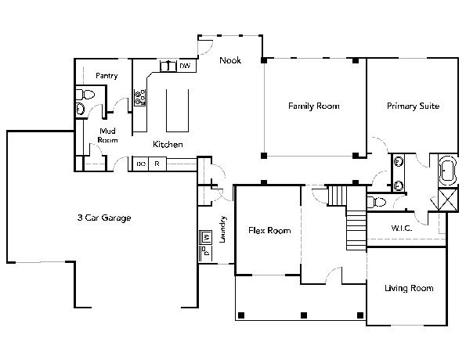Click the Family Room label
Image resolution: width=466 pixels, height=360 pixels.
(314, 106)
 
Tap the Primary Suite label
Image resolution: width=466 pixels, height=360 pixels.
(413, 106)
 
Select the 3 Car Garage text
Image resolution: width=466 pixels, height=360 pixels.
(104, 218)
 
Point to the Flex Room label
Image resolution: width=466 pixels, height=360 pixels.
(269, 231)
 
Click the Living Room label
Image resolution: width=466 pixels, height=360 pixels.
(409, 288)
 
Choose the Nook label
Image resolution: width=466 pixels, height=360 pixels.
(230, 60)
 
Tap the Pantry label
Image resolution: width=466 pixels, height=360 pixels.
(107, 76)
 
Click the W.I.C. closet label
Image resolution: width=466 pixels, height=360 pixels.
(402, 228)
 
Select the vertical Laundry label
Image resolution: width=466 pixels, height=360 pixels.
(222, 229)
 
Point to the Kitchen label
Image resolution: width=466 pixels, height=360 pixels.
(168, 144)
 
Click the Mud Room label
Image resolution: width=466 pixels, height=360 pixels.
(107, 135)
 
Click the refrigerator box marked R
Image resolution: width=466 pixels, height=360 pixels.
(157, 164)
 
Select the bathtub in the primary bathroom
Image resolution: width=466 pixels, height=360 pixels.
(447, 171)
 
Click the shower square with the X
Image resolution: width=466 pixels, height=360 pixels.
(448, 200)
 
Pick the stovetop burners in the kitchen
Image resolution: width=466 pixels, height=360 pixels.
(140, 98)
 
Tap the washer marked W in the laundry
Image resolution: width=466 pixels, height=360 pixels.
(206, 237)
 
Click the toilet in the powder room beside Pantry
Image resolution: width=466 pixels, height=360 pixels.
(85, 95)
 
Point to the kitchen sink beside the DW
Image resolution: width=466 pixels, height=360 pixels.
(168, 66)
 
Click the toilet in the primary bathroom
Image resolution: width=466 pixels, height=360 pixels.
(377, 202)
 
